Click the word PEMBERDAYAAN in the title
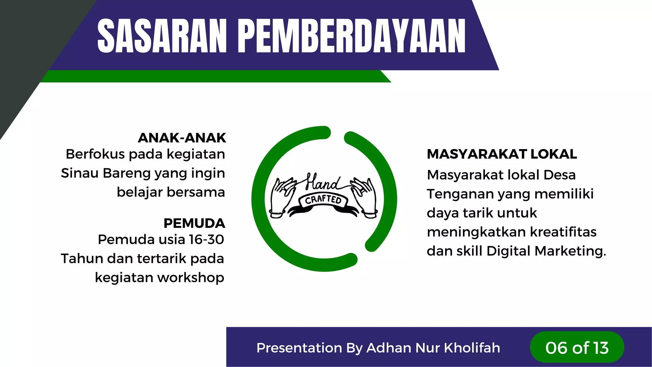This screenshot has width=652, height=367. pos(351,36)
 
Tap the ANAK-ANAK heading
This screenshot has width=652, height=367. pos(182,138)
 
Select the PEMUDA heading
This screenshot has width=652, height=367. pos(194,223)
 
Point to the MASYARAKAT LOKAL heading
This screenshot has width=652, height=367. pos(502,154)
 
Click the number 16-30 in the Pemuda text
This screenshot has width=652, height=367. pos(206,240)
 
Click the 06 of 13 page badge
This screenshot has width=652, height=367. pos(577,348)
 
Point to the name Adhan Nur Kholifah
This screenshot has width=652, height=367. pos(433,348)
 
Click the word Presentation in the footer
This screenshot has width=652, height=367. pos(299,348)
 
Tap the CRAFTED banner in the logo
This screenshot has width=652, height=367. pos(323,200)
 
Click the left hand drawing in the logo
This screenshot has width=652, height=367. pos(282,198)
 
